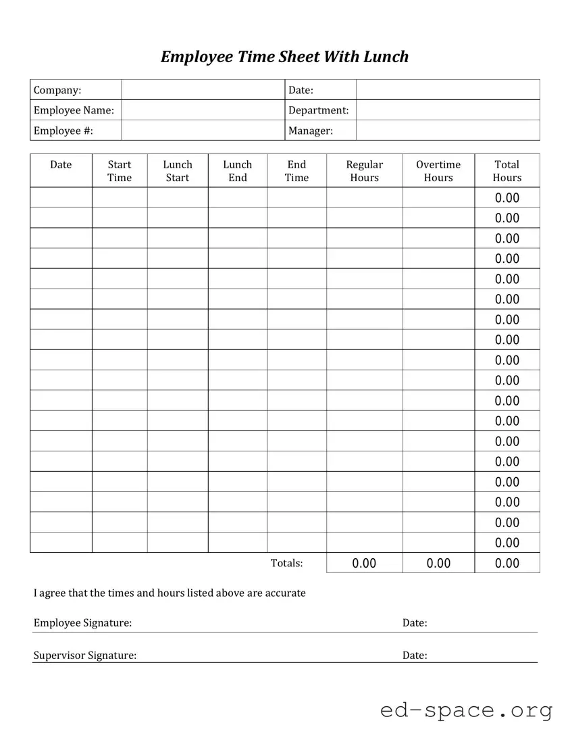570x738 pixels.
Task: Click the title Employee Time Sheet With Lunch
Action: pyautogui.click(x=284, y=56)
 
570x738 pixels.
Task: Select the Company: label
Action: pyautogui.click(x=57, y=90)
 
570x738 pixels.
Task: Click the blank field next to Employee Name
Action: pyautogui.click(x=203, y=110)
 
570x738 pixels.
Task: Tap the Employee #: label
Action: pyautogui.click(x=63, y=130)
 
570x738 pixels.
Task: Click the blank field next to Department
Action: pyautogui.click(x=447, y=110)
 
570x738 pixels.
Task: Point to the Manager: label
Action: pyautogui.click(x=311, y=130)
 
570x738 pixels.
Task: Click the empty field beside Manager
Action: pyautogui.click(x=447, y=130)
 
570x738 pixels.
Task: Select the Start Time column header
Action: pyautogui.click(x=120, y=171)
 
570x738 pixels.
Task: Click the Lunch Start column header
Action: pyautogui.click(x=178, y=171)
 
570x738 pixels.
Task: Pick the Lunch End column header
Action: pyautogui.click(x=238, y=171)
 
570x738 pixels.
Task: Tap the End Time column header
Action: pyautogui.click(x=296, y=171)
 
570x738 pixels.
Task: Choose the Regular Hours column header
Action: pyautogui.click(x=364, y=171)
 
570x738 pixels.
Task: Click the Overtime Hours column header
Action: pyautogui.click(x=438, y=171)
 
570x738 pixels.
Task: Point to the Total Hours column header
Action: pyautogui.click(x=507, y=171)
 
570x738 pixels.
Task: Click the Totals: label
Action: pyautogui.click(x=286, y=563)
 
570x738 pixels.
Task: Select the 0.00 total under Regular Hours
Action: pyautogui.click(x=364, y=563)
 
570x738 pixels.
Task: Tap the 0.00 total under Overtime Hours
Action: pyautogui.click(x=438, y=563)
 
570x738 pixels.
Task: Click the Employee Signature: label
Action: pyautogui.click(x=82, y=622)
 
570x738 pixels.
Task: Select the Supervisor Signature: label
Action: pyautogui.click(x=84, y=655)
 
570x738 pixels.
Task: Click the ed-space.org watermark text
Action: pyautogui.click(x=466, y=710)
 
